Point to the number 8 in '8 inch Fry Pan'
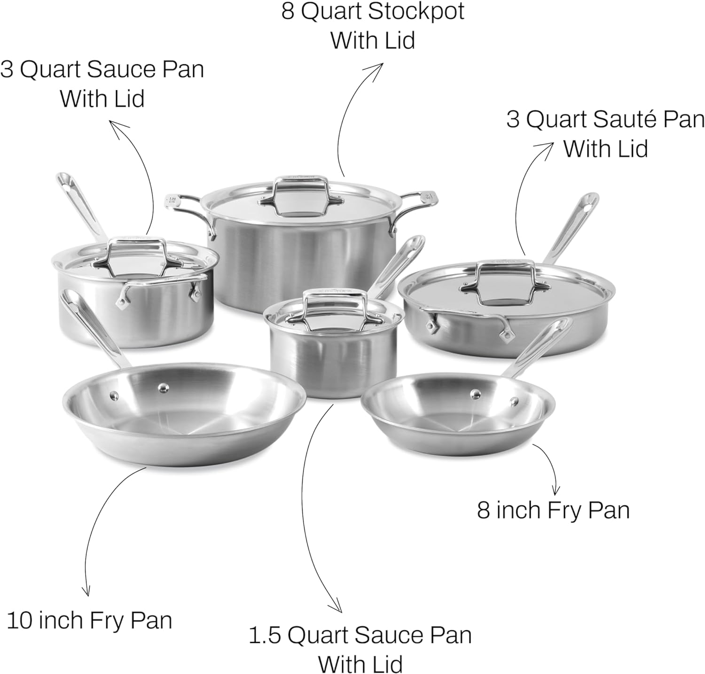coord(484,510)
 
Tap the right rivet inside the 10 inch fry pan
coord(163,387)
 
